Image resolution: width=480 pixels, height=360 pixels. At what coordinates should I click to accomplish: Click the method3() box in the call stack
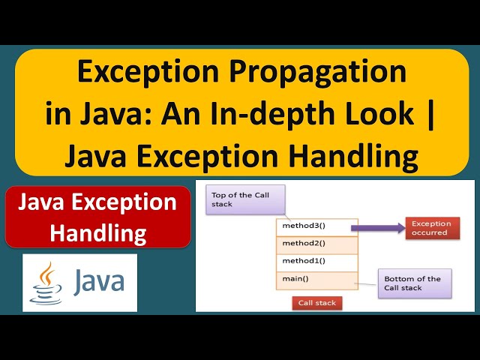coord(317,226)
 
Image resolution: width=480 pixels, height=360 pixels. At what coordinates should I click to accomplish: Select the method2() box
coord(317,244)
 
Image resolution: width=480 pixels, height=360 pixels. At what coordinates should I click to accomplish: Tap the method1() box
coord(317,262)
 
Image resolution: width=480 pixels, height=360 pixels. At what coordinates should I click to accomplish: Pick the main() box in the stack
coord(317,280)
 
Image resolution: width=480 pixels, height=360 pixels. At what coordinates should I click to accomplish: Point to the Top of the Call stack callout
coord(236,199)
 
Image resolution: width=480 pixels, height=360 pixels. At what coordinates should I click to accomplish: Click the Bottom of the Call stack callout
coord(414,283)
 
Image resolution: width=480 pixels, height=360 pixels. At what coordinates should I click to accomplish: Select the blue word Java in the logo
coord(98,283)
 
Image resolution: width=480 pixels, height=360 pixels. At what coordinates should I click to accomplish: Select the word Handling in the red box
coord(97,232)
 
